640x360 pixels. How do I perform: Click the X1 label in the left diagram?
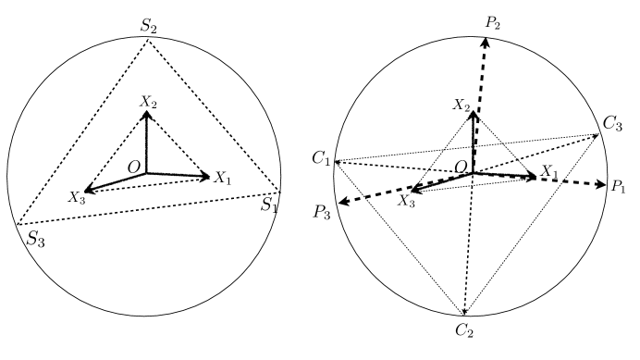click(223, 176)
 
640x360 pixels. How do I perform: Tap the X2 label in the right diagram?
click(463, 106)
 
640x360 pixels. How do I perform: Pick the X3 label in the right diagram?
click(404, 200)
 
